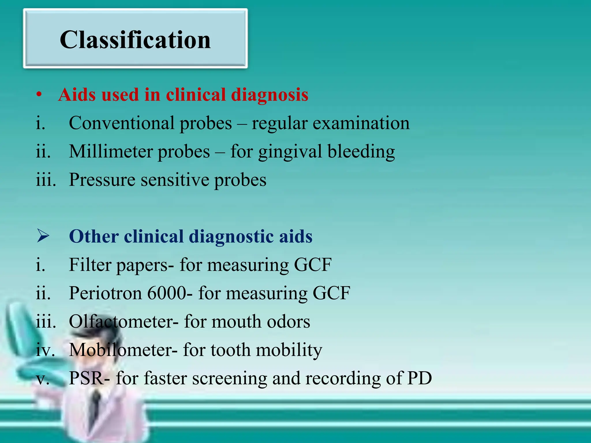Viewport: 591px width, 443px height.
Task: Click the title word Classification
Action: click(x=135, y=40)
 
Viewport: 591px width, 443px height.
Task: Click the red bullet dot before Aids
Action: click(x=39, y=95)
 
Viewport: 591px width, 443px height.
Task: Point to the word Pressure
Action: click(x=102, y=180)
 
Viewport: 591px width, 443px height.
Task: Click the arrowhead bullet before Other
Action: click(x=43, y=236)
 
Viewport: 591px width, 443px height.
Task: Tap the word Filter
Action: click(x=90, y=264)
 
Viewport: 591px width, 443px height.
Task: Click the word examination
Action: click(x=361, y=123)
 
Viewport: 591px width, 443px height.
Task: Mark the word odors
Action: click(x=288, y=321)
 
